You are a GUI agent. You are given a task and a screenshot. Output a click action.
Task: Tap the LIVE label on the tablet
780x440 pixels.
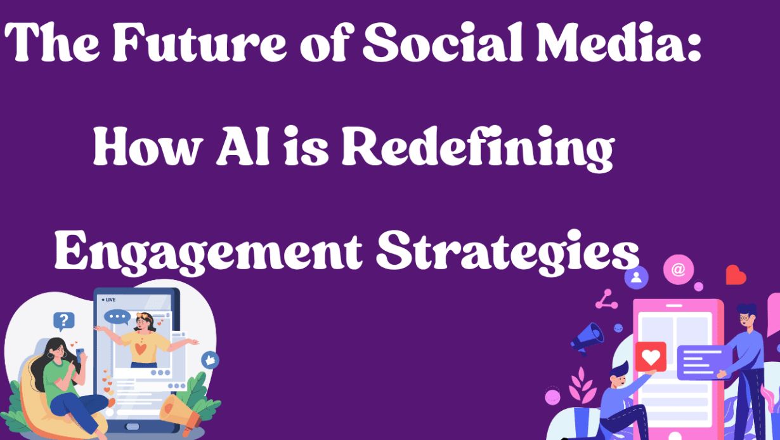tap(109, 299)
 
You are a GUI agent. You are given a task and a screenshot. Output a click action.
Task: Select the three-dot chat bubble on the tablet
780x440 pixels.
tap(117, 316)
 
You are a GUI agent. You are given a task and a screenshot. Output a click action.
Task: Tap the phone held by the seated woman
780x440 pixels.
tap(80, 353)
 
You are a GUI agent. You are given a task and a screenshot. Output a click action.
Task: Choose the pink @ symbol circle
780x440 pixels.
tap(678, 270)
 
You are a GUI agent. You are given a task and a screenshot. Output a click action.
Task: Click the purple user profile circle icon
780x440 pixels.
tap(636, 277)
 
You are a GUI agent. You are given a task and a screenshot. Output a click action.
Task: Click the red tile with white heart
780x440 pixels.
tap(650, 356)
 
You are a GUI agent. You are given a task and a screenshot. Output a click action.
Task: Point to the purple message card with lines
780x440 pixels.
tap(701, 363)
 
